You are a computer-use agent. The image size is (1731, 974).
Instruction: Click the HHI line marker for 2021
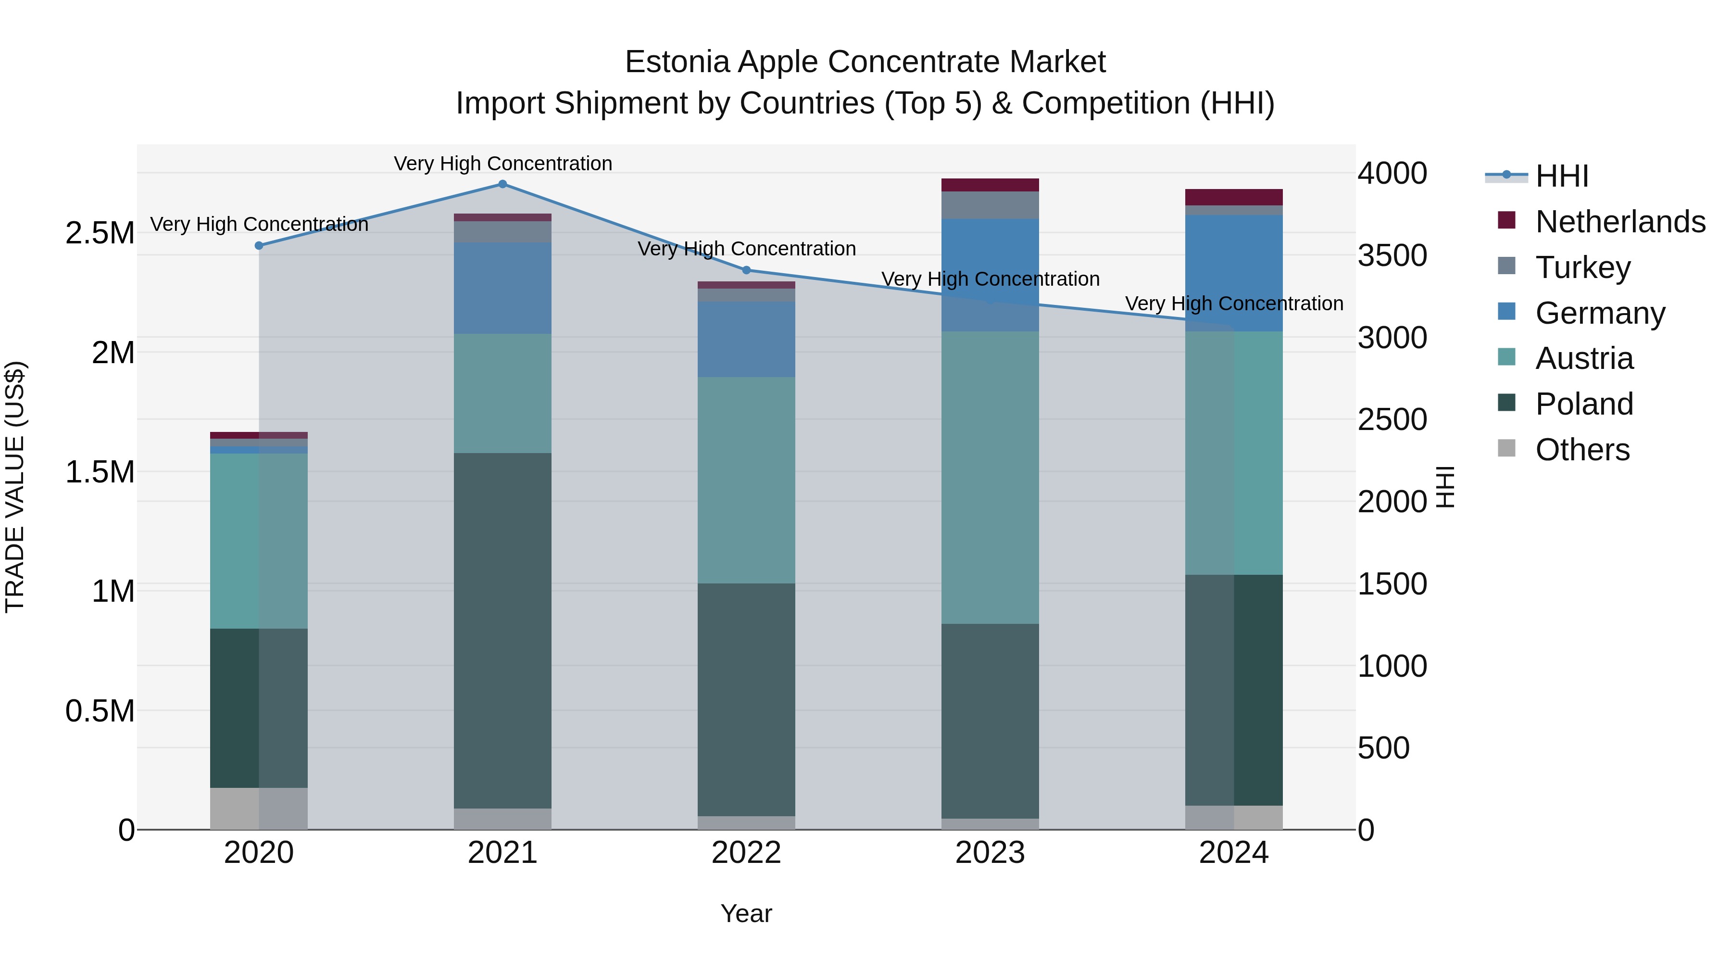tap(502, 184)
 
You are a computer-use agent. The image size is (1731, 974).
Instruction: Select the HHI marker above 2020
tap(259, 245)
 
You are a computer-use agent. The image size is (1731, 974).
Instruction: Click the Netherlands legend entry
tap(1620, 221)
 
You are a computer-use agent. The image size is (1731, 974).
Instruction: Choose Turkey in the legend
tap(1582, 267)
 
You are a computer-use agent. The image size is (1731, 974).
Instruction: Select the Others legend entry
tap(1582, 449)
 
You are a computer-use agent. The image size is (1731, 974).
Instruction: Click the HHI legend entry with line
tap(1539, 176)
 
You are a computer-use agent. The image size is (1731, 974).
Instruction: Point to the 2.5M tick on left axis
tap(100, 233)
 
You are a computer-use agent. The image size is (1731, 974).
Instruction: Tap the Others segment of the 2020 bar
tap(259, 808)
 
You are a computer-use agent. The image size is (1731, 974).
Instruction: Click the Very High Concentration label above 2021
tap(502, 164)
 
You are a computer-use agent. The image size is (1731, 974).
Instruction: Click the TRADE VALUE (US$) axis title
tap(15, 487)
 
